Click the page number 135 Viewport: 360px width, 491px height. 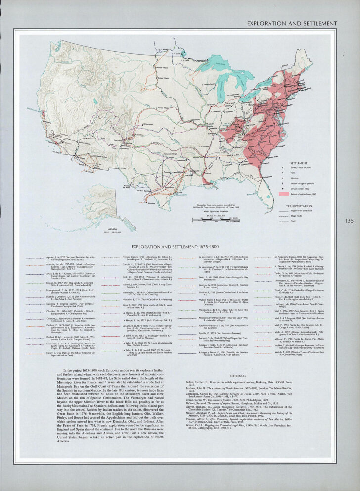tap(350, 221)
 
